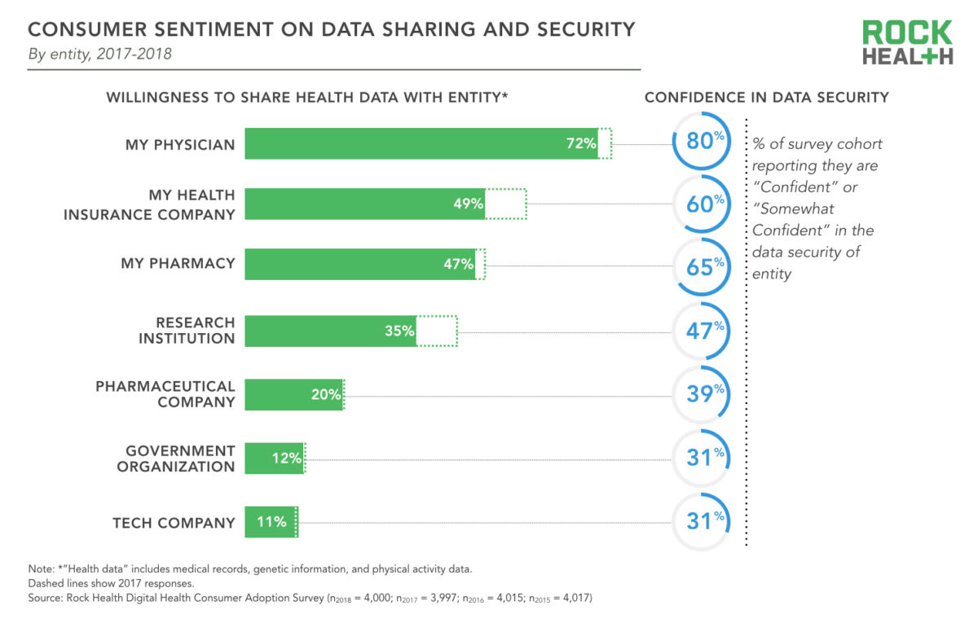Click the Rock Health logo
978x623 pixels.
point(907,42)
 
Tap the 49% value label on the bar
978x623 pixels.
point(469,204)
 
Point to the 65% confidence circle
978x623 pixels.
point(701,265)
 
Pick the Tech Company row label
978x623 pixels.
point(174,523)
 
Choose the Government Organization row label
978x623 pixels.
point(176,458)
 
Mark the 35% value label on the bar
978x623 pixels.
point(400,331)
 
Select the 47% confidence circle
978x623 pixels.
point(701,330)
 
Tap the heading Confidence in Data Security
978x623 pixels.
point(766,98)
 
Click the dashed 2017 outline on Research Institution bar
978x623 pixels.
point(438,331)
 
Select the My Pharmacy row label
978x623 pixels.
point(178,264)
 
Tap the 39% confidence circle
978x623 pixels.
point(701,393)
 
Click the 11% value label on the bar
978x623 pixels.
point(271,522)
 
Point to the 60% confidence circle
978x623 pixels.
point(701,204)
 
